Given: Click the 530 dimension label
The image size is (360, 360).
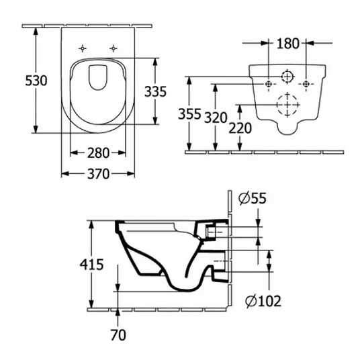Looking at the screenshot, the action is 36,81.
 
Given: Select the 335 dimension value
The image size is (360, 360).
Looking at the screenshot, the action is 155,91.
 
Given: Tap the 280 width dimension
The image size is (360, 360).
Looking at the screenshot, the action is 98,153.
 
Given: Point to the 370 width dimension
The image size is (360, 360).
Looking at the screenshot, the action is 98,174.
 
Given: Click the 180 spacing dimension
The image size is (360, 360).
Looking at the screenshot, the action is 288,44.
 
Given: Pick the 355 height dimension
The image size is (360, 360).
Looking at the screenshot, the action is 189,114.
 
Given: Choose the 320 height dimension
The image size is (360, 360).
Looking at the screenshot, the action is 216,118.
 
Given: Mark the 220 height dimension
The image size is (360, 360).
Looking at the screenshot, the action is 240,128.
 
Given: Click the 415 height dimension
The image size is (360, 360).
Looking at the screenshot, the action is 91,264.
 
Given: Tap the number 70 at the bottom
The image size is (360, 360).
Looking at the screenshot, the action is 118,335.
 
